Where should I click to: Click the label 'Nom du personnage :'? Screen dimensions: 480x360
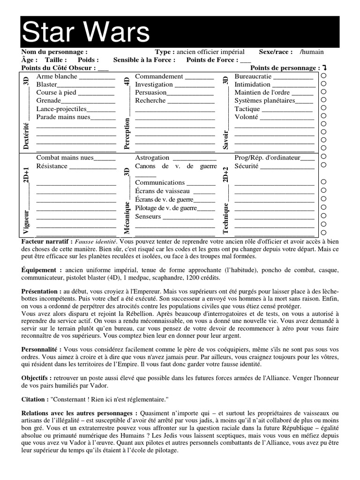(54, 52)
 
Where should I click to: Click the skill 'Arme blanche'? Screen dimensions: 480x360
(57, 76)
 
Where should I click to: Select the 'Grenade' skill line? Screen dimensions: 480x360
(49, 101)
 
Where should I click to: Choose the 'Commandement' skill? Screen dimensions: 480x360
(159, 76)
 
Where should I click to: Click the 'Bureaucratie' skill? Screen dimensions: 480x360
(253, 76)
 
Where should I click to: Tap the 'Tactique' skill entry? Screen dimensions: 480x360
(247, 109)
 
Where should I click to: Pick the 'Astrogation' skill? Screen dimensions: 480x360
(152, 158)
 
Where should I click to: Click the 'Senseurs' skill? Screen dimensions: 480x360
(148, 217)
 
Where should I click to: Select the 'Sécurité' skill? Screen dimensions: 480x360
(247, 166)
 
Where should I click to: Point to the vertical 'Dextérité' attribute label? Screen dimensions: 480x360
(26, 136)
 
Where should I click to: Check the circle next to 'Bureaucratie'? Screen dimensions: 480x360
(323, 76)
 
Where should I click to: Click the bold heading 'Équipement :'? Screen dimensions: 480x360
(42, 270)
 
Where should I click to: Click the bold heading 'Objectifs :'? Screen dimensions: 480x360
(37, 378)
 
